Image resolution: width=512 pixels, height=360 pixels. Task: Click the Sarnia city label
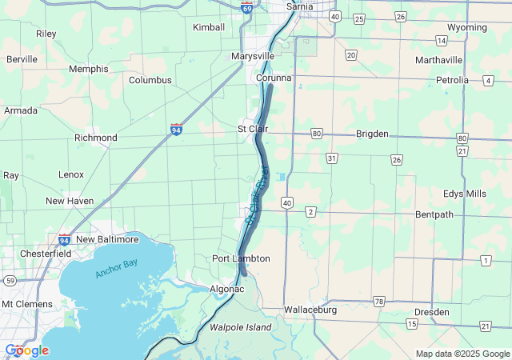tap(300, 6)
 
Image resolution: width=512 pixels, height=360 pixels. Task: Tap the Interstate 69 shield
tap(247, 7)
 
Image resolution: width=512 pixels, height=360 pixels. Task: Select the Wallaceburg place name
tap(310, 310)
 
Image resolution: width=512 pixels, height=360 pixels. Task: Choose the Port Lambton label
tap(241, 258)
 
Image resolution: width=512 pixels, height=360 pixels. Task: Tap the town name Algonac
tap(226, 289)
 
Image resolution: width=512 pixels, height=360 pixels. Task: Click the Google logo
tap(26, 350)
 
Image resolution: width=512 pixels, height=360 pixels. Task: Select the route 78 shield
tap(379, 301)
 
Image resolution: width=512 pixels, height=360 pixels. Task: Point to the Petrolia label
tap(452, 80)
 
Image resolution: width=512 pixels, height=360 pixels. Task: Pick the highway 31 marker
tap(331, 158)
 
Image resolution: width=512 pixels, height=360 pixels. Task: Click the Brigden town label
tap(371, 133)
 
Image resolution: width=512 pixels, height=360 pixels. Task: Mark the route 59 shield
tap(10, 280)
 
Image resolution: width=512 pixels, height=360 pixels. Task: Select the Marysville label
tap(253, 57)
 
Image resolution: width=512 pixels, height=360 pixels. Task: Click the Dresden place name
tap(432, 312)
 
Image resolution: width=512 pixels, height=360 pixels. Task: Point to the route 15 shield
tap(411, 323)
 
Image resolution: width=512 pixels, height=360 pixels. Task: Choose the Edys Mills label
tap(464, 194)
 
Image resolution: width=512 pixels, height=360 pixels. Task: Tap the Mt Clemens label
tap(27, 304)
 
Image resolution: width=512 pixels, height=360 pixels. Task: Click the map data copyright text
tap(462, 354)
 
